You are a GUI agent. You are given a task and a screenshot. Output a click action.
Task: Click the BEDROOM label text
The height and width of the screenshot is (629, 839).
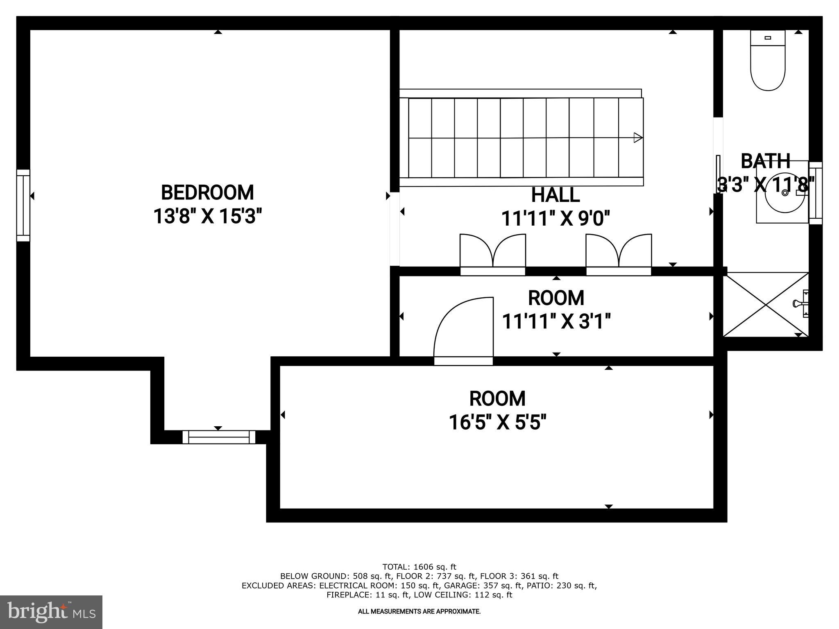tap(207, 193)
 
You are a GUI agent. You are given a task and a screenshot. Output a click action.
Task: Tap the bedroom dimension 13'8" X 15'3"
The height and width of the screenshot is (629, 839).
tap(207, 216)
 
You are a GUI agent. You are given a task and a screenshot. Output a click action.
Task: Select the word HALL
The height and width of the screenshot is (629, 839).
tap(555, 195)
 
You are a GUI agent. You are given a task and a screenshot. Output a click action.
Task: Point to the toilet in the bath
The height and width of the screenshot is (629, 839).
tap(767, 61)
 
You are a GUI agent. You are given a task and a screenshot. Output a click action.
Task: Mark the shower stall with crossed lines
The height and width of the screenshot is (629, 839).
tap(765, 305)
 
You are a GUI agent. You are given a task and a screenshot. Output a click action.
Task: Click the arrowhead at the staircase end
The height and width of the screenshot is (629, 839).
tap(637, 138)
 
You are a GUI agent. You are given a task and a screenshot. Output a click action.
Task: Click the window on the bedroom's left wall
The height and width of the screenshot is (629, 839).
tap(23, 205)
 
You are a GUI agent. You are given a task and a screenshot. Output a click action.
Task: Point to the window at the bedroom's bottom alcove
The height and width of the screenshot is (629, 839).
tap(218, 437)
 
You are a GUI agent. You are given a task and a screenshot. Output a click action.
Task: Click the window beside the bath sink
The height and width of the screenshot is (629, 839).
tap(816, 193)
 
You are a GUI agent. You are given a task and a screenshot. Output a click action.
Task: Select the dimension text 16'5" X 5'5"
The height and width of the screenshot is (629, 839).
tap(497, 422)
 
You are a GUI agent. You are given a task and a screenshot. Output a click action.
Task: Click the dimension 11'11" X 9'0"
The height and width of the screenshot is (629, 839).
tap(556, 219)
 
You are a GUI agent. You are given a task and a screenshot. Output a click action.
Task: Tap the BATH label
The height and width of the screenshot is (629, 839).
tap(765, 161)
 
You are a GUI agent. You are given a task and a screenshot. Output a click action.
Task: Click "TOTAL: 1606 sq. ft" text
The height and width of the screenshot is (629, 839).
tap(419, 567)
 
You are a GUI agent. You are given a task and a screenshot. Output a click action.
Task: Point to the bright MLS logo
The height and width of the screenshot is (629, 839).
tap(51, 612)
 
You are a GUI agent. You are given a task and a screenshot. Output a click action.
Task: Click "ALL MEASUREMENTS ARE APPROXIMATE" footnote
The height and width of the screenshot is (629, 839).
tap(419, 612)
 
